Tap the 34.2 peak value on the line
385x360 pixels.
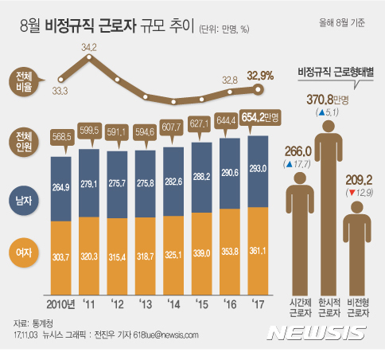[x=89, y=48]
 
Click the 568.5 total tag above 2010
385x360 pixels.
[x=63, y=135]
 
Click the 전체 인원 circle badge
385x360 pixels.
[x=24, y=141]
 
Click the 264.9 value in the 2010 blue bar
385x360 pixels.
[x=63, y=188]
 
